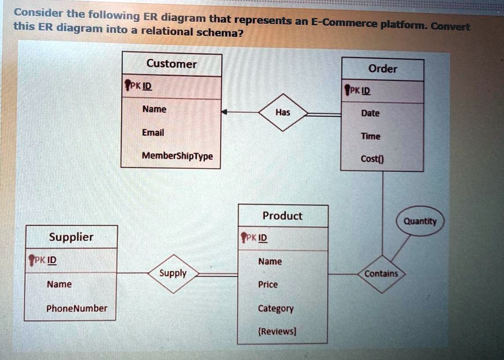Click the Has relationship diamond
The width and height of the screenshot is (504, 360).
pyautogui.click(x=283, y=113)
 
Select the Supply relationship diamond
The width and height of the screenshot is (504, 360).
pyautogui.click(x=173, y=273)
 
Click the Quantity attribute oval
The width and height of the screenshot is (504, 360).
pyautogui.click(x=420, y=221)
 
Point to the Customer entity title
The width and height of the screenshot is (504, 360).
pyautogui.click(x=171, y=64)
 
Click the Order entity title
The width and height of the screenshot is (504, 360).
pyautogui.click(x=382, y=69)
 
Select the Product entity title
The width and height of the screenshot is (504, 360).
pyautogui.click(x=283, y=215)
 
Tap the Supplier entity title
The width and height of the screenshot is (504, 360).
pyautogui.click(x=71, y=237)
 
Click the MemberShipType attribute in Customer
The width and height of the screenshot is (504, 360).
pyautogui.click(x=177, y=156)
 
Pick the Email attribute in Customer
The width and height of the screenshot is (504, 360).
pyautogui.click(x=153, y=133)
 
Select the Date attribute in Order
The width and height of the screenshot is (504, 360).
pyautogui.click(x=370, y=113)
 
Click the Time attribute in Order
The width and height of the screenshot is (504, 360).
pyautogui.click(x=370, y=136)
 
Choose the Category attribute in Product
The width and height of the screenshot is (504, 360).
pyautogui.click(x=276, y=308)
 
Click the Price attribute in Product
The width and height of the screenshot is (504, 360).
pyautogui.click(x=268, y=284)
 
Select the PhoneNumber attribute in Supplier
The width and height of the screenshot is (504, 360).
pyautogui.click(x=76, y=308)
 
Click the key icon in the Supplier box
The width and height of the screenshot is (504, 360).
pyautogui.click(x=32, y=260)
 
